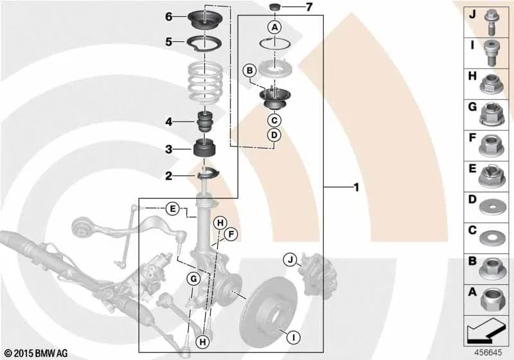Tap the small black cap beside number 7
tap(274, 8)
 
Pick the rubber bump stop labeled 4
tap(205, 122)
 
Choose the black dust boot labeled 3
tap(205, 150)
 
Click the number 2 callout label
tap(168, 175)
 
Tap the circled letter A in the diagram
tap(274, 28)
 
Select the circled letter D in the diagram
tap(274, 135)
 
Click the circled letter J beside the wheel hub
tap(290, 260)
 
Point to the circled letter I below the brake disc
tap(292, 336)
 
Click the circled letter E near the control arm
tap(172, 208)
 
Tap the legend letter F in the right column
tap(472, 137)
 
